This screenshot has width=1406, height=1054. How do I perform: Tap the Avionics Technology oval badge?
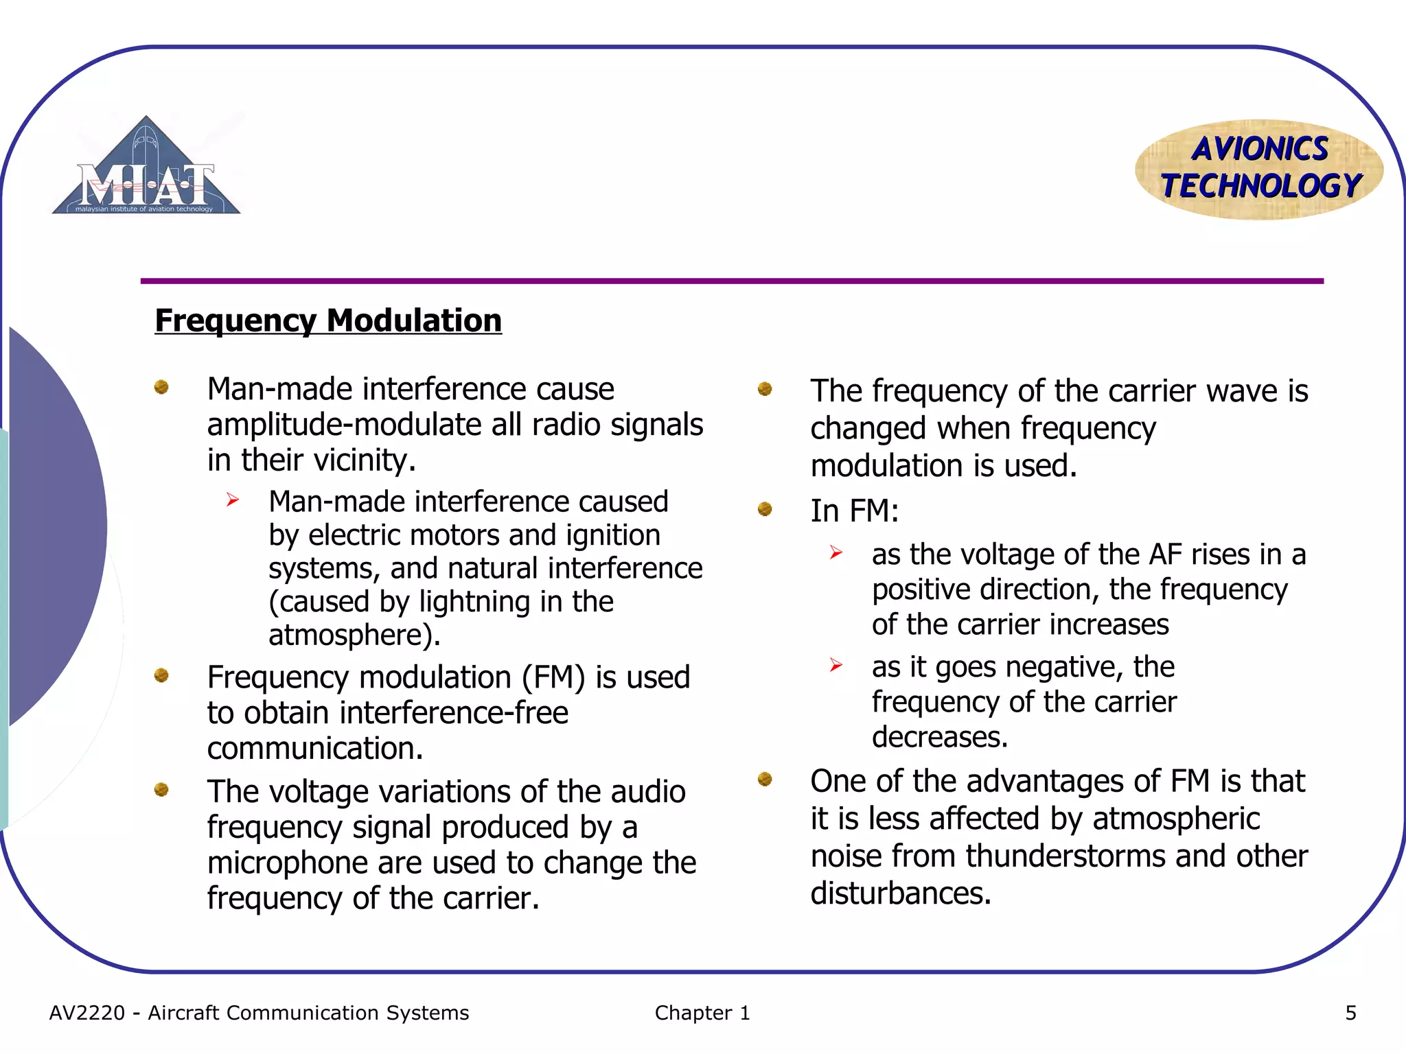click(1259, 169)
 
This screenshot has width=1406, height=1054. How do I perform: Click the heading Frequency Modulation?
click(328, 320)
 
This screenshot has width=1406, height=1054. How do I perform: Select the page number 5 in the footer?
click(1350, 1013)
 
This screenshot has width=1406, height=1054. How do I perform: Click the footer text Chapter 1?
click(702, 1013)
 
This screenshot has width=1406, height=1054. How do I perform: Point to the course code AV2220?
click(87, 1013)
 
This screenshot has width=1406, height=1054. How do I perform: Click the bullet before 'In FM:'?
click(765, 509)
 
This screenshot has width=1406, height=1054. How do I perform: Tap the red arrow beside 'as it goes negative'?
click(835, 665)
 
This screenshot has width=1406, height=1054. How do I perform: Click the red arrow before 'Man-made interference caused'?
click(233, 500)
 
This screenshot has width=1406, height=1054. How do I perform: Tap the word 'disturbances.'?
click(901, 894)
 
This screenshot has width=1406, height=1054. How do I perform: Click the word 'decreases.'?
click(940, 738)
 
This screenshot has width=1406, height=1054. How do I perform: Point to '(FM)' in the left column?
click(553, 678)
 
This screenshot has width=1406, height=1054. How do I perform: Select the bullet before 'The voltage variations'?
click(161, 790)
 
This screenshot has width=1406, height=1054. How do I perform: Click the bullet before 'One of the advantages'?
click(765, 779)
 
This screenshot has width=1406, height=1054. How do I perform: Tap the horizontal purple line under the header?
click(732, 281)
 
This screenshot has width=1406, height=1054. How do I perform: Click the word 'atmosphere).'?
click(354, 635)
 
